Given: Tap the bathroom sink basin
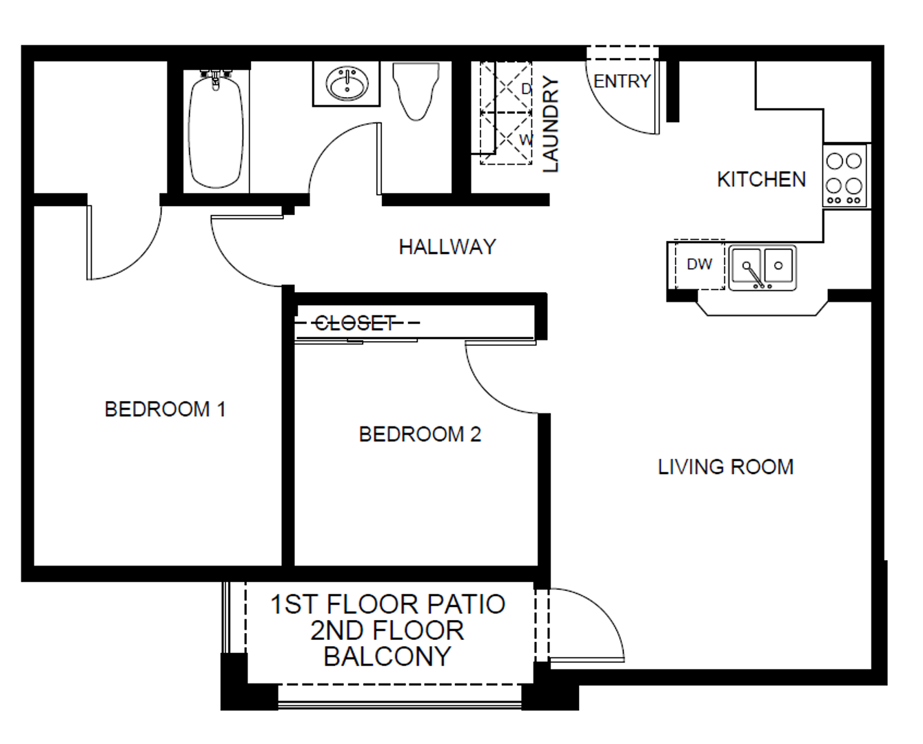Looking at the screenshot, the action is point(347,83).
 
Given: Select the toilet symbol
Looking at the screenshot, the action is point(416,92).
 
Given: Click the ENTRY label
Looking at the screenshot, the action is point(622,81).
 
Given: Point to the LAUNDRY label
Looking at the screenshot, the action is point(551,124).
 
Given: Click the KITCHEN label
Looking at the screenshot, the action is point(761,179).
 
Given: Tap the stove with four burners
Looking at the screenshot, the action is point(844,176).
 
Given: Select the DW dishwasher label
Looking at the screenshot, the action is point(700,264).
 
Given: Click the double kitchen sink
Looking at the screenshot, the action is point(762,268).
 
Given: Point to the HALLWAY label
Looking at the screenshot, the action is point(447,247).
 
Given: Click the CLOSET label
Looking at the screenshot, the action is point(355,323).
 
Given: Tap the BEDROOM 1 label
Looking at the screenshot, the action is point(165,409).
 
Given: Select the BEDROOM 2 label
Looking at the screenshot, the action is point(420,434).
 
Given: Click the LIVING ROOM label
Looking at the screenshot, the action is point(726,466).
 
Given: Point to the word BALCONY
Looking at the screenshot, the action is point(387,656).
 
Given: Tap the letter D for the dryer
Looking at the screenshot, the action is point(526,89).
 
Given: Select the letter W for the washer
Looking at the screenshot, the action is point(526,140).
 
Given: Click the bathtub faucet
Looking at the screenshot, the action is point(216,79).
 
